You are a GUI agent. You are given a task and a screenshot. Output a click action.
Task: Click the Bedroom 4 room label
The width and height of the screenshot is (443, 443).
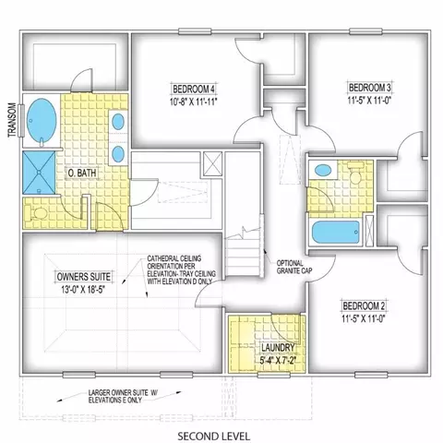(x=194, y=90)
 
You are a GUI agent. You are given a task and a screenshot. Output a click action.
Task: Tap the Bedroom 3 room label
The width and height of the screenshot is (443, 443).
(x=369, y=88)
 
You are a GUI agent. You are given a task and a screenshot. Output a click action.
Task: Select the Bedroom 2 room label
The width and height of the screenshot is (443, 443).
(x=364, y=305)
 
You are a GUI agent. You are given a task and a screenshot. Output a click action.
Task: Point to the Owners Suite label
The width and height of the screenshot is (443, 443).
(x=84, y=276)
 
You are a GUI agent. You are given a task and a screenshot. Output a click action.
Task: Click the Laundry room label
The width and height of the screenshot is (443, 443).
(x=278, y=348)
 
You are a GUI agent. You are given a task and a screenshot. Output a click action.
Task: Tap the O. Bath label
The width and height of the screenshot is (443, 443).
(x=82, y=173)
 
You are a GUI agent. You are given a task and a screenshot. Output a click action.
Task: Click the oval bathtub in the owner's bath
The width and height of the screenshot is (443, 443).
(x=42, y=121)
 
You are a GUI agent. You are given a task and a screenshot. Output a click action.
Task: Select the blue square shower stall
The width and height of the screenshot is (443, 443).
(x=39, y=173)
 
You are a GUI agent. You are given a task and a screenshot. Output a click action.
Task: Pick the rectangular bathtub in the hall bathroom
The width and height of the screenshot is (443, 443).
(x=336, y=232)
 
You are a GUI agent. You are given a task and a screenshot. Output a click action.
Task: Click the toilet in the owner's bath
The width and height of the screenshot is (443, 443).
(x=36, y=213)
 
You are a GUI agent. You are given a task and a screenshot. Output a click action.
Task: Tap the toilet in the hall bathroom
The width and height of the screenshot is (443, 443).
(x=355, y=174)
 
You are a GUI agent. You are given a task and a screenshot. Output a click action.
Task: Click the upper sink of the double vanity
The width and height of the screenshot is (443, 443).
(x=118, y=122)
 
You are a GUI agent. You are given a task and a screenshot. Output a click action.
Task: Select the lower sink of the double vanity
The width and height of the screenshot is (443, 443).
(x=118, y=154)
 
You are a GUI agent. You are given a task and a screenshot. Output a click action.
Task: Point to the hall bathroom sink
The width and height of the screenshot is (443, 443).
(x=323, y=170)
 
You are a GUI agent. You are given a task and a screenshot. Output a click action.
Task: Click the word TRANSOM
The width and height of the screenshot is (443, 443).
(x=12, y=120)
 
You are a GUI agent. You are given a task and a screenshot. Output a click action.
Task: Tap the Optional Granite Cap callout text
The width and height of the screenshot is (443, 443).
(x=294, y=267)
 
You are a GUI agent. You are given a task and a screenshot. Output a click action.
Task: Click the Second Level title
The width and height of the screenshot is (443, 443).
(x=214, y=437)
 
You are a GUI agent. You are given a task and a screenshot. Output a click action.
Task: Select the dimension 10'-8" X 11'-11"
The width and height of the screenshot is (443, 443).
(x=194, y=102)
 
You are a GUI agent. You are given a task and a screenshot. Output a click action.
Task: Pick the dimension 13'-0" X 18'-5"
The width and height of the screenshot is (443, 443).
(x=83, y=290)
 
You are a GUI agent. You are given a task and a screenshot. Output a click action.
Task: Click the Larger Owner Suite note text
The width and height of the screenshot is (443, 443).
(x=122, y=397)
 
